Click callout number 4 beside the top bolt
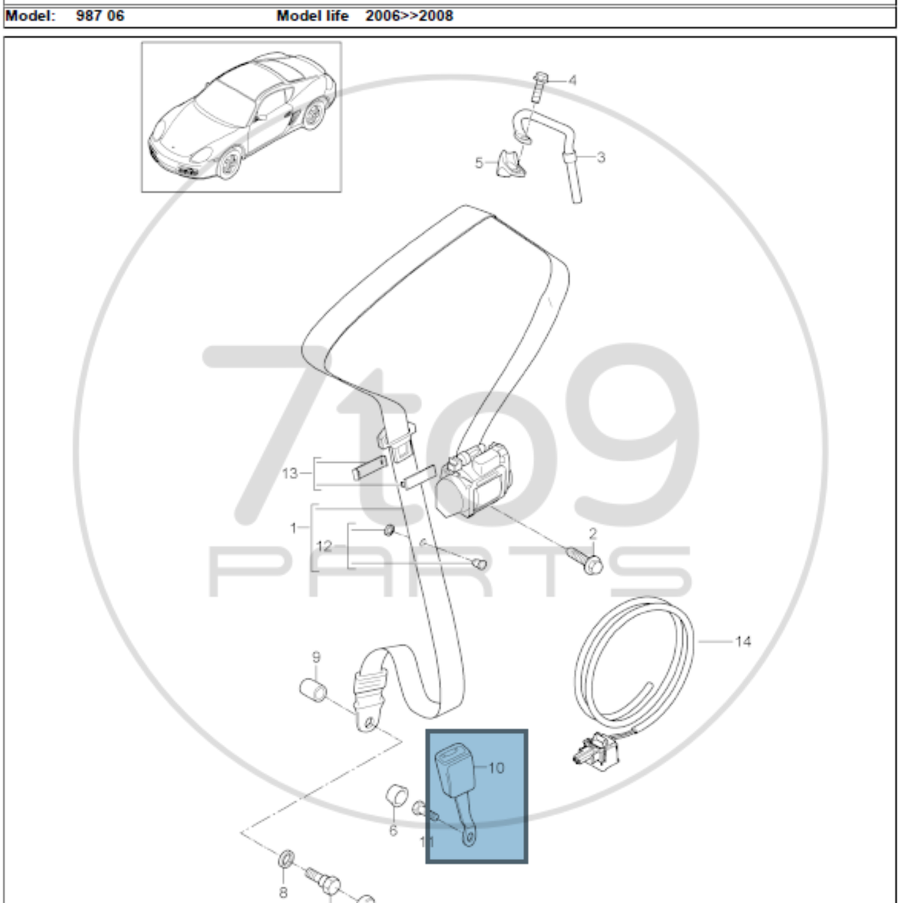[x=572, y=81]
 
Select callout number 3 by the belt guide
[x=601, y=157]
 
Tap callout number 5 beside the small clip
[x=479, y=163]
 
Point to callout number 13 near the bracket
[x=290, y=473]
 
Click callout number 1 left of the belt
[x=293, y=528]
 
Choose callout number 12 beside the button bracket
[x=324, y=546]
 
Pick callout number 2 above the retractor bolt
[x=593, y=534]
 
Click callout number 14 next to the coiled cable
[x=743, y=642]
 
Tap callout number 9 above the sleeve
[x=316, y=658]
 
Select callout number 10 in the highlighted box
[x=496, y=768]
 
